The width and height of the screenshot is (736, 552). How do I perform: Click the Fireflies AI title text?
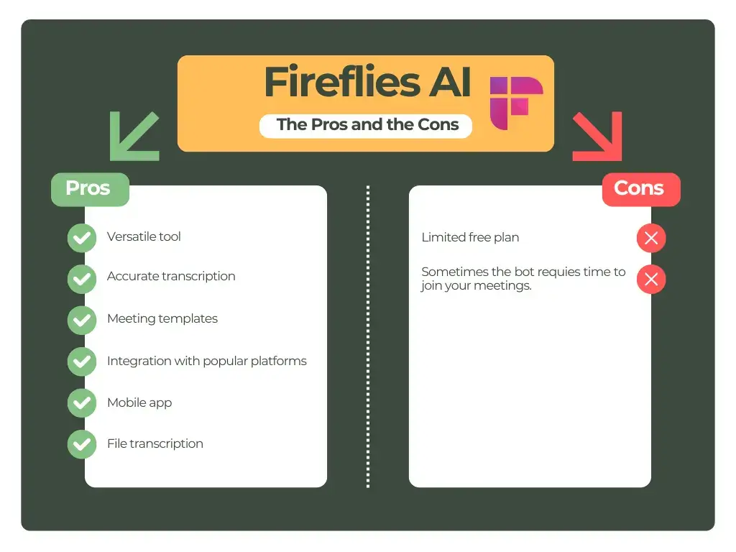[367, 83]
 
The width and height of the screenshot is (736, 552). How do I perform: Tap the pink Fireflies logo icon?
[515, 103]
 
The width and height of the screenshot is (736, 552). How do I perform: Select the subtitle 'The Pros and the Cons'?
[367, 124]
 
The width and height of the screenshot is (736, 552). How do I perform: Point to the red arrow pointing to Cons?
[597, 137]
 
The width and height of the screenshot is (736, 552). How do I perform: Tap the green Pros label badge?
[89, 188]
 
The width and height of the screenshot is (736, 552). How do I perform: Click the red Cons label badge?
[640, 188]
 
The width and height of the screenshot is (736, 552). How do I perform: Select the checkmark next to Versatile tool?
[81, 238]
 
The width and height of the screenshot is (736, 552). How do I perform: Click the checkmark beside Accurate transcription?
[81, 278]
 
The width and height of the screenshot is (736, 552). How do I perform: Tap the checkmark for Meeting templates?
[81, 320]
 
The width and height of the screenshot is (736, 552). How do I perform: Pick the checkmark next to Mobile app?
[81, 403]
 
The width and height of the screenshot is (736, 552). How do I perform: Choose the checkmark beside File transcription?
[81, 444]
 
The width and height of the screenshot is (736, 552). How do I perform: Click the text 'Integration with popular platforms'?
[206, 361]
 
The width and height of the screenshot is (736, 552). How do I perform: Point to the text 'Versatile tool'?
[144, 236]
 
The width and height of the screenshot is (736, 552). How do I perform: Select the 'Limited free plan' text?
[470, 237]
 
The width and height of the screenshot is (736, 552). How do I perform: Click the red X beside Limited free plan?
[651, 239]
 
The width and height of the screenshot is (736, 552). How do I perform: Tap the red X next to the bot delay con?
[651, 280]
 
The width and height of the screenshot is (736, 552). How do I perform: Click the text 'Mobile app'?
[139, 402]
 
